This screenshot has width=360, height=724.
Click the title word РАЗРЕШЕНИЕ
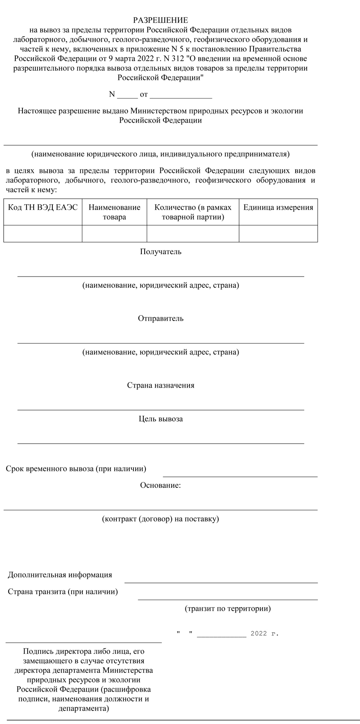click(160, 20)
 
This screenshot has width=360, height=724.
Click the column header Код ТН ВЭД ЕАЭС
click(43, 208)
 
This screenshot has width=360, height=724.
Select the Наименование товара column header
click(114, 212)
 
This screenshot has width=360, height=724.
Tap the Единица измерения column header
click(278, 208)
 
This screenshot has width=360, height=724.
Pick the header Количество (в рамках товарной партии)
click(193, 212)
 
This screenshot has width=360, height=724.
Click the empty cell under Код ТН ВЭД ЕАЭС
click(43, 233)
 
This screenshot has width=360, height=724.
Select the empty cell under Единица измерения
click(278, 233)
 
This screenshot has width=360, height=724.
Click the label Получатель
click(160, 252)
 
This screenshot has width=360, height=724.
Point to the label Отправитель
click(160, 319)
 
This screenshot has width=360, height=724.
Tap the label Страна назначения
click(160, 385)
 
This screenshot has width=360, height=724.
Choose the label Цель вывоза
click(160, 419)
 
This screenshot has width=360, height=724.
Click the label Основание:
click(160, 485)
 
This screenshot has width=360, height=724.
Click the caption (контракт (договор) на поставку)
click(160, 519)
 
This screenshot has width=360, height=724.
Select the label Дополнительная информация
click(60, 575)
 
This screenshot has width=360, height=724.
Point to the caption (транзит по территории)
click(227, 608)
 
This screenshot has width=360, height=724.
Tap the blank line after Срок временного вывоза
click(240, 476)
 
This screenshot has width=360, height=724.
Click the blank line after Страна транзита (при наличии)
click(227, 599)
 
